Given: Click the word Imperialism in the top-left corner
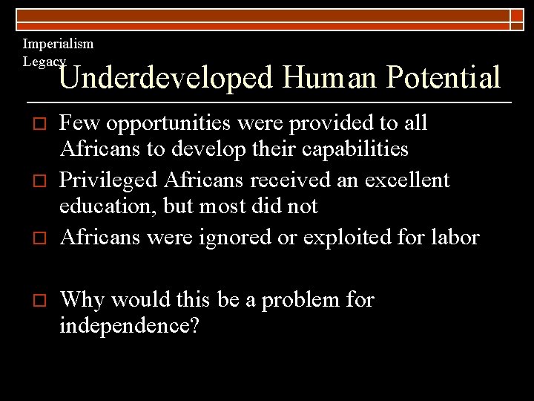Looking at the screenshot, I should tap(58, 44).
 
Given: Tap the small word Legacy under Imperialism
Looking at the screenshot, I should tap(44, 62).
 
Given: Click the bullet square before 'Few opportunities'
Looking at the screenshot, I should tap(30, 123).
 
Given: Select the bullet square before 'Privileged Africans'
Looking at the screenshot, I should tap(30, 180).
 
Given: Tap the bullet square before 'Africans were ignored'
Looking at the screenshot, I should tap(30, 238).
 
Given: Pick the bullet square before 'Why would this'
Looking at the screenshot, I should tap(30, 300).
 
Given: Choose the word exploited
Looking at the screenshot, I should tap(352, 238).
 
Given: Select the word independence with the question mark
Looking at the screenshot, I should tap(129, 327).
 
